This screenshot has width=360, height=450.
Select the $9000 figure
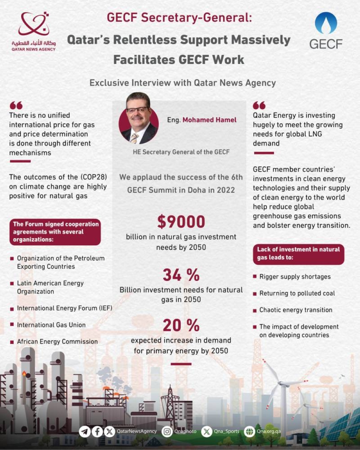[x=181, y=222]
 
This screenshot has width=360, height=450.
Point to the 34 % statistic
[x=181, y=275]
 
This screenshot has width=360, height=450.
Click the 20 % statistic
[x=181, y=326]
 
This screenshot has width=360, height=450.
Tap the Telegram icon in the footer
[x=85, y=431]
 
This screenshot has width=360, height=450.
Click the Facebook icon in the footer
[x=97, y=431]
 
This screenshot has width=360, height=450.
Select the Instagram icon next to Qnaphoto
[x=167, y=431]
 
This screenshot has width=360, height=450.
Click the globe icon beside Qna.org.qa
[x=249, y=431]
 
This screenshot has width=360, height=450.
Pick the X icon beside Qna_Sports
[x=207, y=431]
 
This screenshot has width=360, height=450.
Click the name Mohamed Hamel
[x=209, y=120]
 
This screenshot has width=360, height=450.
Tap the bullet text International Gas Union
[x=51, y=325]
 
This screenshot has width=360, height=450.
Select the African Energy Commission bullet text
[x=57, y=341]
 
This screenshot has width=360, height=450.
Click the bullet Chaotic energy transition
[x=296, y=310]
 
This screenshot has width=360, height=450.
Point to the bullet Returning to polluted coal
[x=297, y=293]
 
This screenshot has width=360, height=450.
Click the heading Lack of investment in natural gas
[x=298, y=253]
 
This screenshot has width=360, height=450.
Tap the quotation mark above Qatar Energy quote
[x=259, y=105]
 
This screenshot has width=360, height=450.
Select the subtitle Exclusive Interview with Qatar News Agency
[x=183, y=83]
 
